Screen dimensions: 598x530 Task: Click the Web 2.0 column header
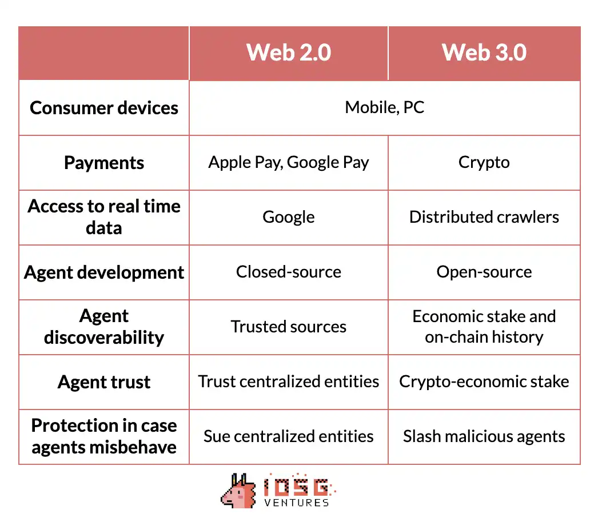289,52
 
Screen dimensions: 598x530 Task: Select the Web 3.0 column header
484,52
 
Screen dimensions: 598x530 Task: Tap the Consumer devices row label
103,108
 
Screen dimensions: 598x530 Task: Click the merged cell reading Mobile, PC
384,107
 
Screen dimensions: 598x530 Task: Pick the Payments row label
103,163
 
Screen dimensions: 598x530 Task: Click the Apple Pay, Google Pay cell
289,162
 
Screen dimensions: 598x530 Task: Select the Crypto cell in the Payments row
484,162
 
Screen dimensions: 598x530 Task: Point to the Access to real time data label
103,217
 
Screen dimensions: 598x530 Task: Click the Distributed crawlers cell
484,217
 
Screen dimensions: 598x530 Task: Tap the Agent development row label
103,272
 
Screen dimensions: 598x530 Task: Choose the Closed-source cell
289,272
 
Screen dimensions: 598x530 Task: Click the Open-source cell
484,272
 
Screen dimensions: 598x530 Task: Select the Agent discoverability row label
103,327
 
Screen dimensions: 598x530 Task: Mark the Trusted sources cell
289,327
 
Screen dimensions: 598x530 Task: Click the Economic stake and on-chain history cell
484,327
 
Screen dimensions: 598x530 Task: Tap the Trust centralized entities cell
289,382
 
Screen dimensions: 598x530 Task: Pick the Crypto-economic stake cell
484,382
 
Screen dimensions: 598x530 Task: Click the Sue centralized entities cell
289,436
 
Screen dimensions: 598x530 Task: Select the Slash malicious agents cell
484,437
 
